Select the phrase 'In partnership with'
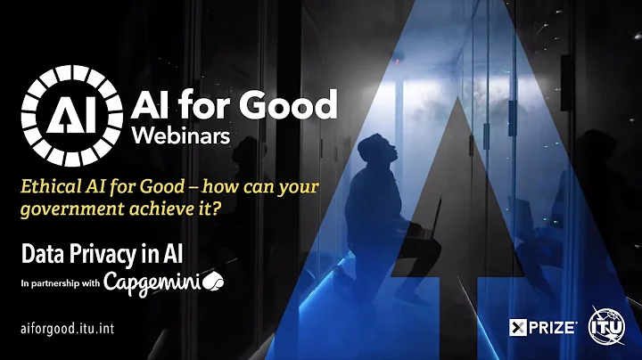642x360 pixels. click(x=60, y=284)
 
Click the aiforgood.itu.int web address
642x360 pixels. click(x=68, y=328)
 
